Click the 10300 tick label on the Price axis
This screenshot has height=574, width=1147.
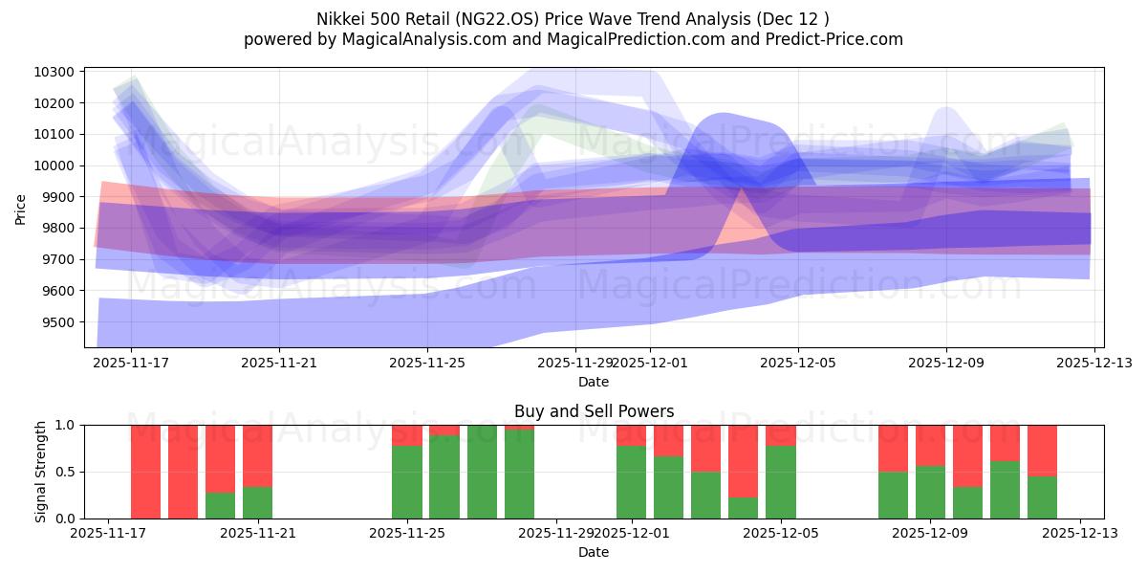click(x=55, y=73)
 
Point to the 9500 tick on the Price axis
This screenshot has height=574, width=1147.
click(x=58, y=322)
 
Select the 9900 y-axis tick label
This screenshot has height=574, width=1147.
click(x=58, y=197)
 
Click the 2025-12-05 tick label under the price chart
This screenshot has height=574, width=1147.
click(x=798, y=363)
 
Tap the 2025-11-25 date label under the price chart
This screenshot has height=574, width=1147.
click(x=427, y=363)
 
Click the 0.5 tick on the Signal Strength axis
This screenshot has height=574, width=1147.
click(x=66, y=473)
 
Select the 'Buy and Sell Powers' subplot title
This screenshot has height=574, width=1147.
click(x=594, y=411)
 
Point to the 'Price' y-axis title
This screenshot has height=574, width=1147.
click(x=22, y=210)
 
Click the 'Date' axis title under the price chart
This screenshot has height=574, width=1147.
click(x=594, y=382)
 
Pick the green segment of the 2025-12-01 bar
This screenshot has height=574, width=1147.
click(x=631, y=482)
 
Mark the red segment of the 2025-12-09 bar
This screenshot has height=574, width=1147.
click(x=930, y=445)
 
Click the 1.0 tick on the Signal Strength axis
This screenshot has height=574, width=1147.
click(x=66, y=426)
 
